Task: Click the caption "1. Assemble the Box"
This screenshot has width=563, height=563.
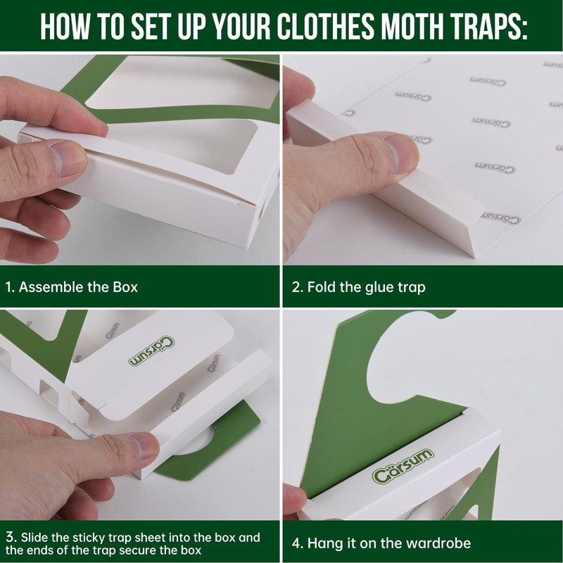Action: tap(71, 287)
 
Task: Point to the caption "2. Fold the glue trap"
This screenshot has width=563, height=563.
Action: tap(359, 287)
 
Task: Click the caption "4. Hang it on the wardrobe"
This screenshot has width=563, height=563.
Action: tap(381, 543)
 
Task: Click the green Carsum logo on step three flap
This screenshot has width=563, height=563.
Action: tap(152, 351)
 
